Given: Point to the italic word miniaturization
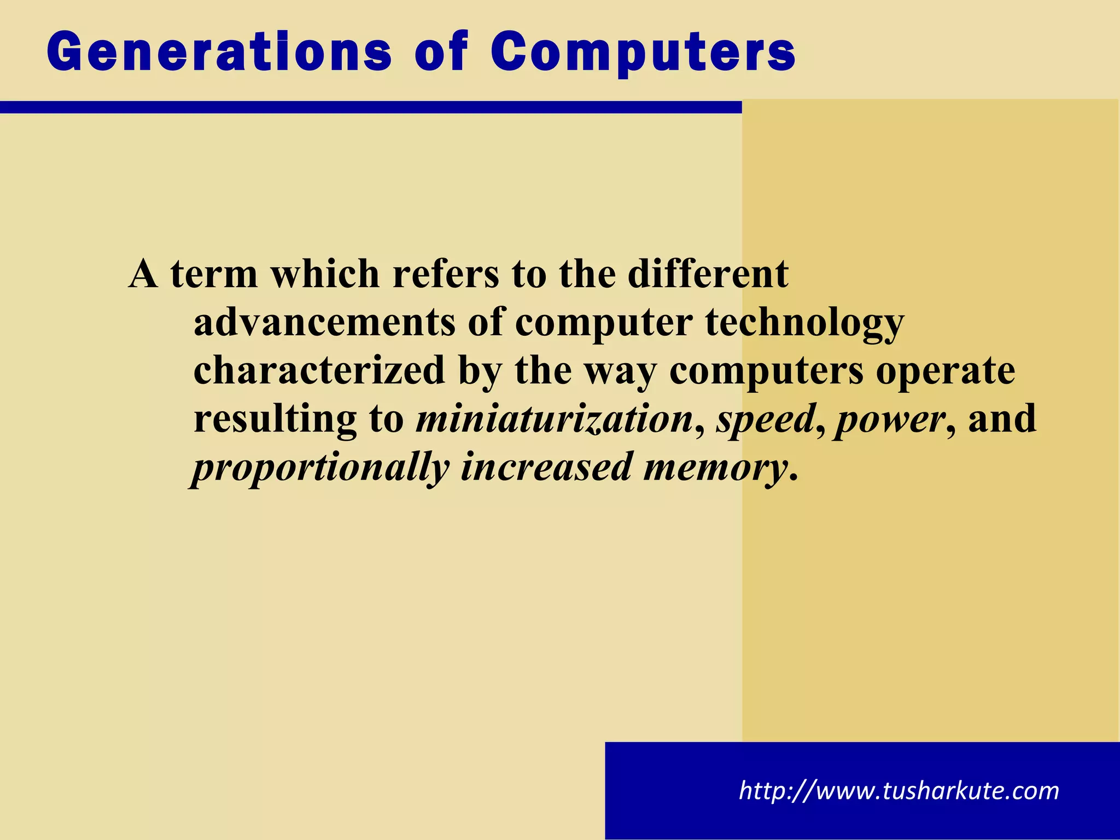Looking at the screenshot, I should pos(555,419).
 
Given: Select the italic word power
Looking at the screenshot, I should pos(890,419).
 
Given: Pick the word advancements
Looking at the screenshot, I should pos(324,323).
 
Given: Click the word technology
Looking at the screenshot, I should pos(804,323).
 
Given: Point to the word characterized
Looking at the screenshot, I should pos(319,371).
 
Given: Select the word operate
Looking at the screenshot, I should pos(946,371).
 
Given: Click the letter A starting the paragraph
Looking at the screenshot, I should pos(143,274).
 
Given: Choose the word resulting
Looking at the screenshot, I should pos(275,419).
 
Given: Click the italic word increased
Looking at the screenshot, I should pos(546,467).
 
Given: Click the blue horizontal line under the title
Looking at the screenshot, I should pos(371,107).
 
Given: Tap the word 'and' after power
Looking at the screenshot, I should pos(1002,419).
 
